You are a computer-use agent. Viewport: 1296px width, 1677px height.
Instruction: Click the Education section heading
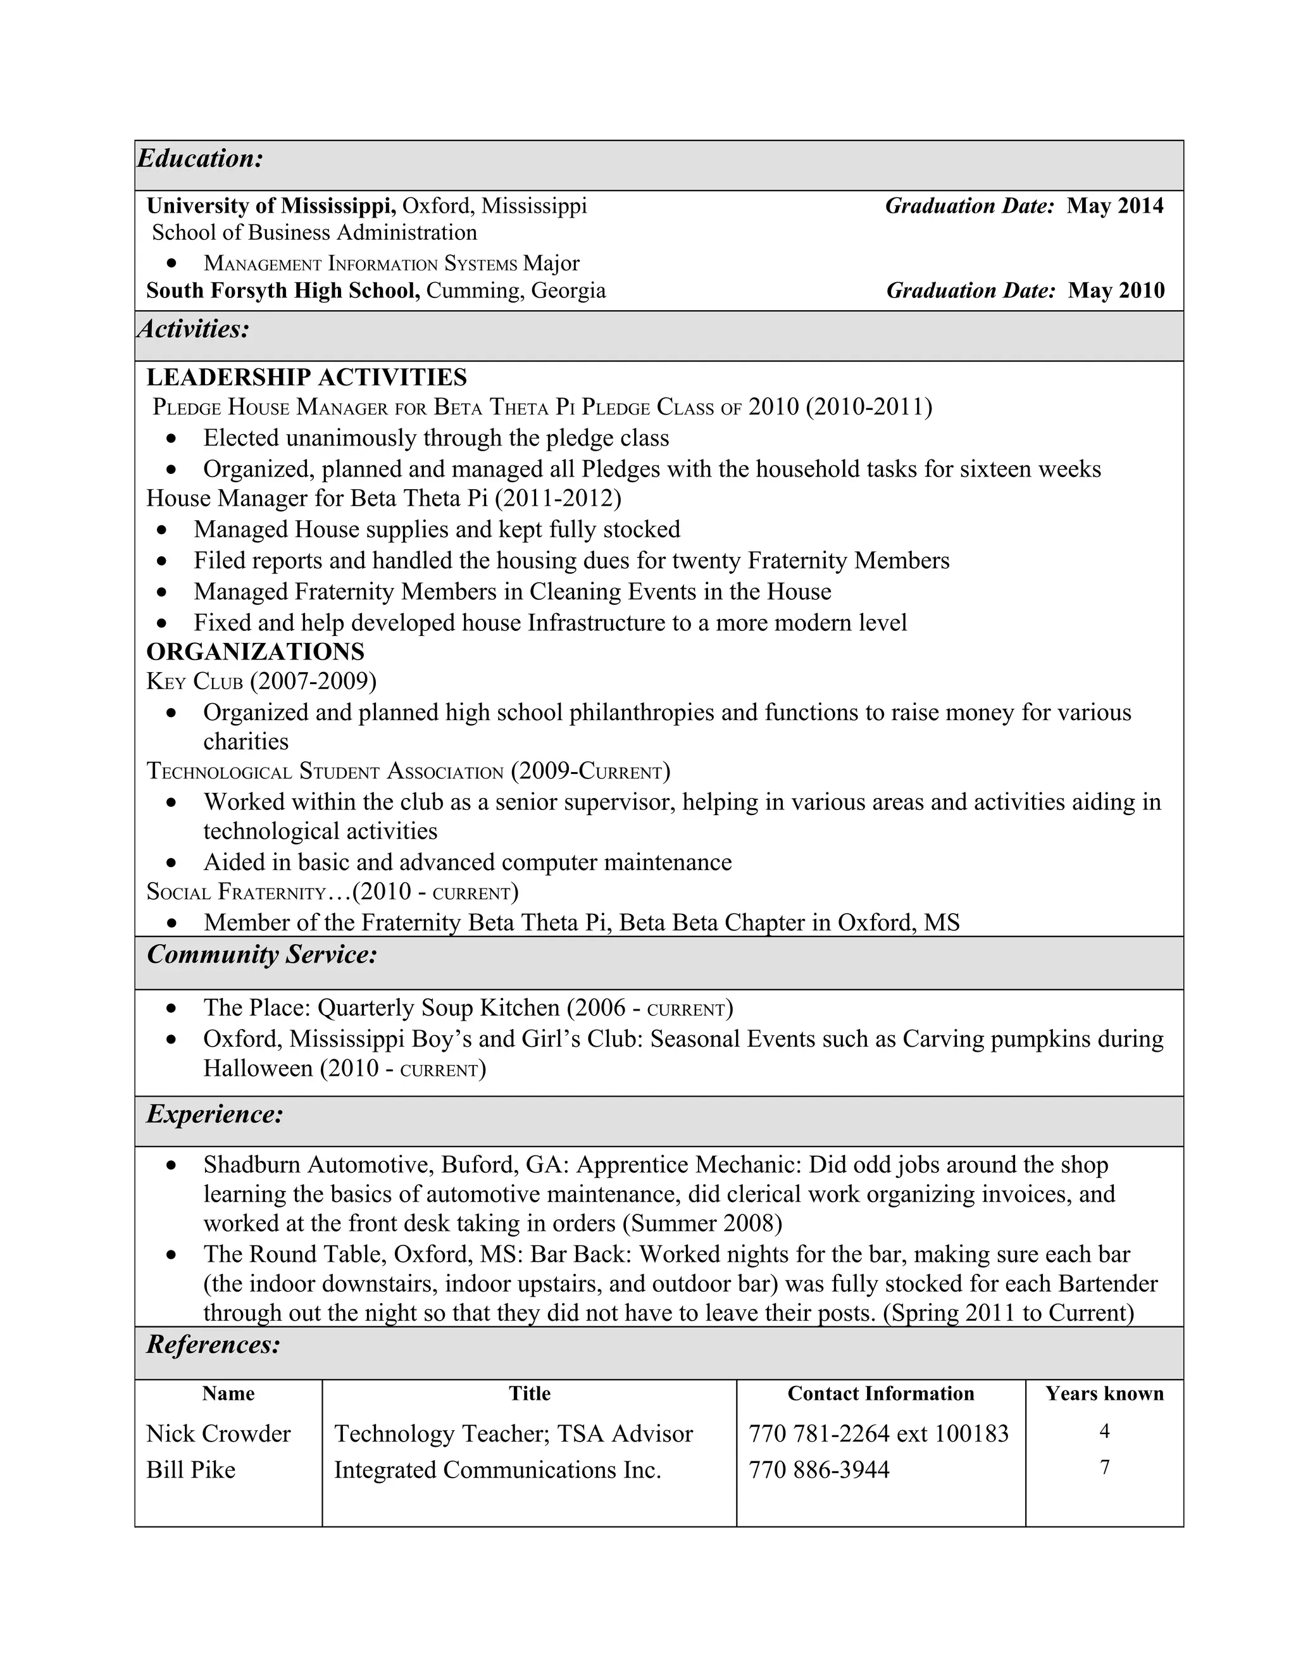click(x=199, y=159)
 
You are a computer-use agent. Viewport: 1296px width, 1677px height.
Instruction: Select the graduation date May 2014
click(x=1115, y=206)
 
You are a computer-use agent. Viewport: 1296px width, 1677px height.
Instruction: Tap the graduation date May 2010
click(x=1116, y=290)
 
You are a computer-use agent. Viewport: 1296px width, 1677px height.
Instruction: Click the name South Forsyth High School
click(x=282, y=290)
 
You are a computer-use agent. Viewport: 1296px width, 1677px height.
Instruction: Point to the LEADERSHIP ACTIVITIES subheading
click(x=306, y=377)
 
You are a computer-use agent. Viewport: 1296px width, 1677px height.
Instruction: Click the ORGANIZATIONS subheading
click(x=255, y=651)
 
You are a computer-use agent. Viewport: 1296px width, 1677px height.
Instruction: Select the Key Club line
click(x=261, y=681)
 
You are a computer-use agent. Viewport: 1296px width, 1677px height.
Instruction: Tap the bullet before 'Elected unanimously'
click(x=172, y=439)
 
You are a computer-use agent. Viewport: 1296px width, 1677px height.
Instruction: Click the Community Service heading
click(x=262, y=954)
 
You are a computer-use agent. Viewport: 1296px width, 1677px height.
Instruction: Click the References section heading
click(x=213, y=1345)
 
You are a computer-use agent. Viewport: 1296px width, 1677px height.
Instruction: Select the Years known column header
click(x=1104, y=1393)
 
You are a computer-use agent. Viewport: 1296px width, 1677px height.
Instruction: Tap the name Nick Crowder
click(x=218, y=1433)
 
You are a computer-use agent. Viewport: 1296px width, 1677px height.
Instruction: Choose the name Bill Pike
click(x=190, y=1469)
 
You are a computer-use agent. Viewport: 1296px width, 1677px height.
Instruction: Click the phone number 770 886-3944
click(x=818, y=1469)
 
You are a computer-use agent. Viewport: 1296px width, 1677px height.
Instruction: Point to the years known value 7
click(x=1104, y=1468)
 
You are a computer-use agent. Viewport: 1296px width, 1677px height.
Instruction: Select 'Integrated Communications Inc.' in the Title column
click(x=497, y=1469)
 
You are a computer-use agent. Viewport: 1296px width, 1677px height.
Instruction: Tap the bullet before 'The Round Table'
click(x=172, y=1255)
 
